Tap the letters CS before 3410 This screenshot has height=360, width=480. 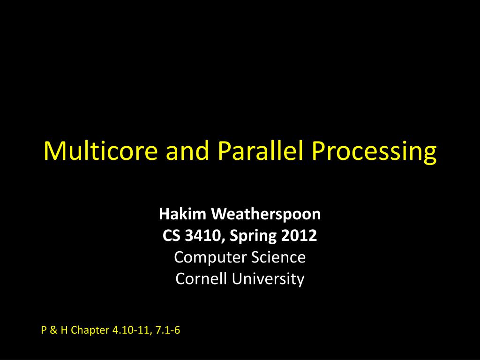(171, 236)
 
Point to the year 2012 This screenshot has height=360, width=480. (300, 236)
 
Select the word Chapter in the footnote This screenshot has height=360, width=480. (91, 331)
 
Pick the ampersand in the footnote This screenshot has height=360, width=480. (53, 331)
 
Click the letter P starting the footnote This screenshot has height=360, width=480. (44, 331)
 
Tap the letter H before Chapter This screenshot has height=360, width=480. (63, 331)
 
